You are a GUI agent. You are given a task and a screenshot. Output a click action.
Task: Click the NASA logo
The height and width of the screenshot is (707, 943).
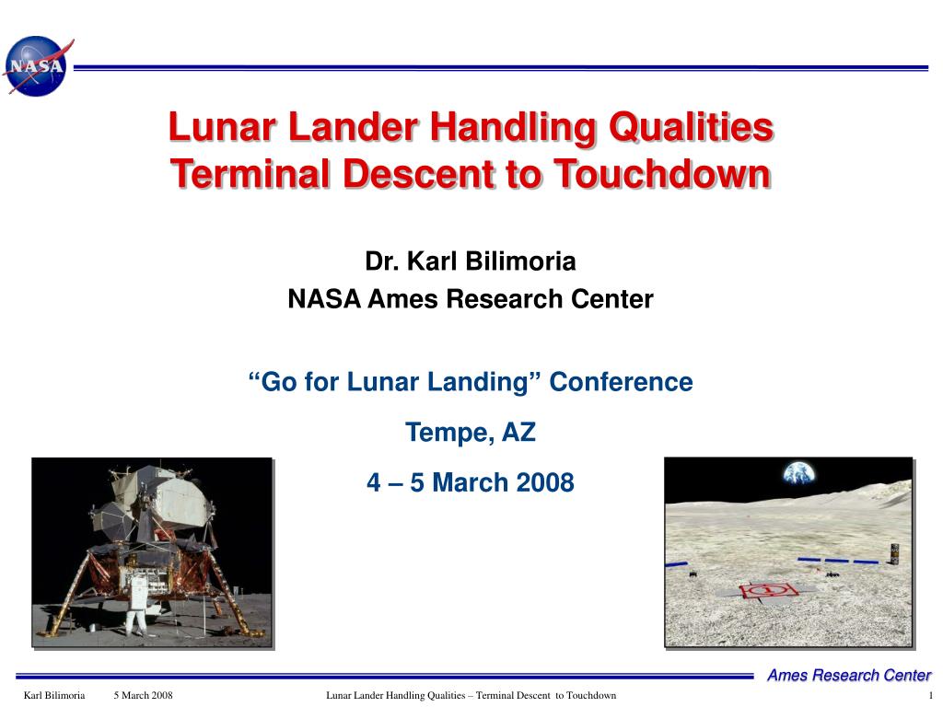(x=37, y=66)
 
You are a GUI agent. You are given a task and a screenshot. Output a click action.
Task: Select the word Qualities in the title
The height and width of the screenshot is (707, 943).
(x=691, y=128)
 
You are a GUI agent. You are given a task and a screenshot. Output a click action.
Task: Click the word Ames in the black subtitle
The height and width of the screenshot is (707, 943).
(x=402, y=299)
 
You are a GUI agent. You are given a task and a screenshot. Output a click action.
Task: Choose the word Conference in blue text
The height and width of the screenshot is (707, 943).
(x=621, y=382)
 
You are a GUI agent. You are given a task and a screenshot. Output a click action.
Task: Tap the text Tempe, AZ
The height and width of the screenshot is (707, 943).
(x=471, y=433)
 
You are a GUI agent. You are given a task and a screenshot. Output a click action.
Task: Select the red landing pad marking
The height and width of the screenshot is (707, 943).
(x=768, y=590)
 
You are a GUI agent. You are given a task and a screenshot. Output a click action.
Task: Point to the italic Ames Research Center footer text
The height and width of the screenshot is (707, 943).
(x=848, y=675)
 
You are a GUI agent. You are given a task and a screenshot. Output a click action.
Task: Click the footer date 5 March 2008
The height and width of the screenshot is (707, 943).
(x=143, y=696)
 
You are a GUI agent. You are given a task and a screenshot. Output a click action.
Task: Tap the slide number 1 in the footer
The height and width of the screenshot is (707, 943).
(x=930, y=696)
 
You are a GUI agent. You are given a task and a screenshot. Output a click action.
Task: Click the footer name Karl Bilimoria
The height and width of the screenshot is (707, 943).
(x=54, y=696)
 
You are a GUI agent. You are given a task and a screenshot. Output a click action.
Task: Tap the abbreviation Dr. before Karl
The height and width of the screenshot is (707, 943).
(x=382, y=261)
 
